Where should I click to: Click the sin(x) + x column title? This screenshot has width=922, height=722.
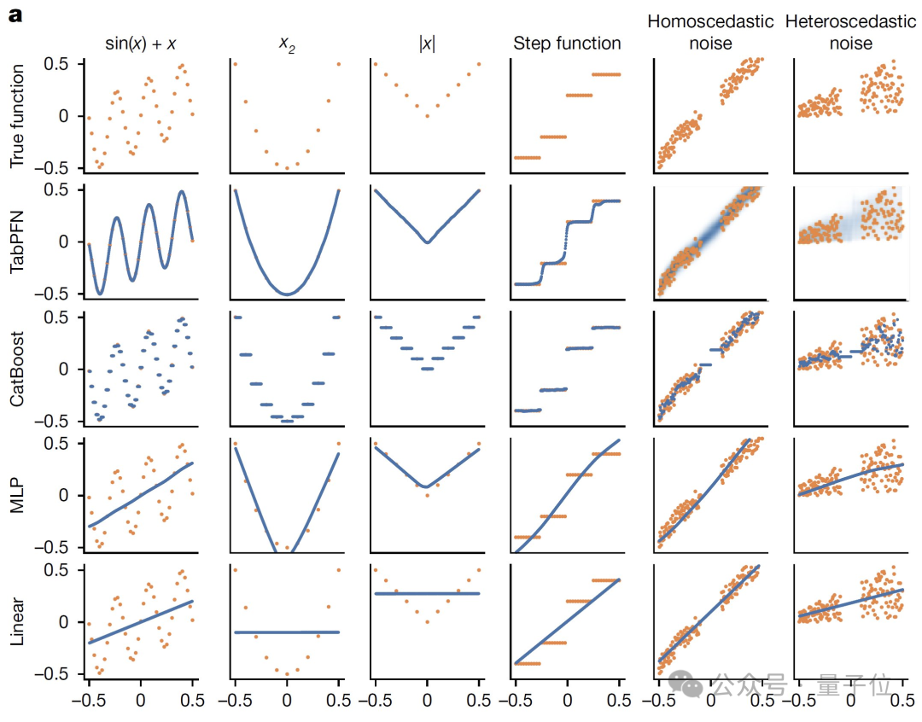[141, 42]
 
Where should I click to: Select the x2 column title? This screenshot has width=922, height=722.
[286, 42]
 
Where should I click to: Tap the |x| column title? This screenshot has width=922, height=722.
[427, 42]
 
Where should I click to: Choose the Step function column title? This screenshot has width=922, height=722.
[567, 42]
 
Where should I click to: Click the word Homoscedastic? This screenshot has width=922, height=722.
[710, 21]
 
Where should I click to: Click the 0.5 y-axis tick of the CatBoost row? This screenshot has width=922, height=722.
[60, 317]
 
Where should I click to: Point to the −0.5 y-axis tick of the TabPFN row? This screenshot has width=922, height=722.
[55, 294]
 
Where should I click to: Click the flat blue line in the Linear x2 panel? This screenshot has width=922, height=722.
[286, 632]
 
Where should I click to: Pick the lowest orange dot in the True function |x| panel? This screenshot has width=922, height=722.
[427, 116]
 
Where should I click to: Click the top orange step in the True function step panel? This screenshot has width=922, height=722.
[605, 74]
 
